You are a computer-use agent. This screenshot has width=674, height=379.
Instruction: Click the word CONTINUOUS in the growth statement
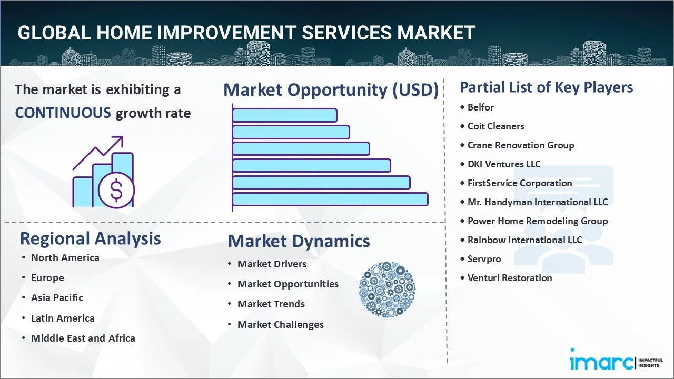click(63, 113)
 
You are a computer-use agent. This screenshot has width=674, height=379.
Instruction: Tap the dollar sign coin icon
click(116, 191)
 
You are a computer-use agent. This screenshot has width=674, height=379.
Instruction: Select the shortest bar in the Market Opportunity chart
click(285, 115)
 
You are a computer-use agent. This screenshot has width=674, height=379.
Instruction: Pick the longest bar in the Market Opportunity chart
click(330, 200)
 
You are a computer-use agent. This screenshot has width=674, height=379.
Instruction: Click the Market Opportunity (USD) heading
click(331, 90)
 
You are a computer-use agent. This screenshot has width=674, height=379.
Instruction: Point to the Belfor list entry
click(481, 107)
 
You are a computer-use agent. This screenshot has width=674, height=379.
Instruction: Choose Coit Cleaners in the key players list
click(496, 126)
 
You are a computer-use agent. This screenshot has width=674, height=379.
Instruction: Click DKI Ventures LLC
click(504, 164)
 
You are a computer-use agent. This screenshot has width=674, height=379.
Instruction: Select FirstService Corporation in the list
click(520, 183)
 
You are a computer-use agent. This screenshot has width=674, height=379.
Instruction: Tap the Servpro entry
click(484, 259)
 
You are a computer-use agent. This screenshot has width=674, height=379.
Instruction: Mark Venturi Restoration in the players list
click(510, 278)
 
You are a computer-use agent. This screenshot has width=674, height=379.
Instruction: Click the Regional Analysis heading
click(90, 239)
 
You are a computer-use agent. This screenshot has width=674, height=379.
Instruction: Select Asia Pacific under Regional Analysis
click(57, 298)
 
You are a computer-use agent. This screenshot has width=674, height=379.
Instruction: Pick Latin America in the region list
click(63, 318)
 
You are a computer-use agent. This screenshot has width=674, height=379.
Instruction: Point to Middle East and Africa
click(83, 338)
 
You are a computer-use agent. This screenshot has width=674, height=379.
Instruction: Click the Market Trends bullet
click(271, 304)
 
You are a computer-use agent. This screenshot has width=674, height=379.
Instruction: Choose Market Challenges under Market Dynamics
click(281, 325)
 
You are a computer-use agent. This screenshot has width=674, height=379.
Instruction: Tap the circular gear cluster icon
click(387, 290)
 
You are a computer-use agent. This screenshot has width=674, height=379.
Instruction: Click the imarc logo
click(617, 360)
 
